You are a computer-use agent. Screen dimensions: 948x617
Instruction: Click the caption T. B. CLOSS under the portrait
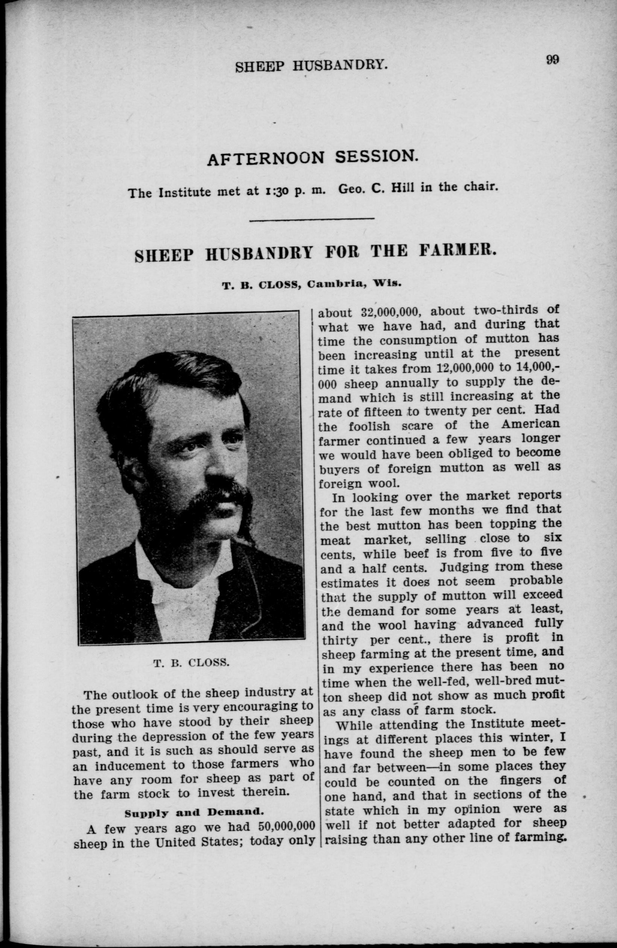(x=191, y=663)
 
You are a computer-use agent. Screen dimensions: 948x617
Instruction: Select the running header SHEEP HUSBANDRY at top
(x=312, y=65)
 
